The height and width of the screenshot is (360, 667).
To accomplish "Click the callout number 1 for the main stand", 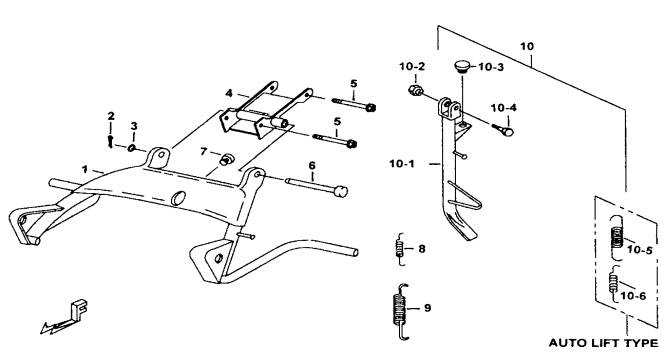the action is point(85,169).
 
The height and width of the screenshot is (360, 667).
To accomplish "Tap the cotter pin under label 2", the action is point(110,141).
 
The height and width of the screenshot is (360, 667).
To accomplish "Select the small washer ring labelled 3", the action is point(132,148).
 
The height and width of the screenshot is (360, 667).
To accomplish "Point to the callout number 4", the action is point(229,93).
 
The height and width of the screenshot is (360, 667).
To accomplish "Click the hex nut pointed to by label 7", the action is point(225,160).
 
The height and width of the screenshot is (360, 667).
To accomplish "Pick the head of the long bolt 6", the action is point(341,191).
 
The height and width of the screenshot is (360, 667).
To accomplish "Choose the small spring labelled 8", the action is point(399,249).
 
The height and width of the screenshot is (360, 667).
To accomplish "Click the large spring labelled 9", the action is point(399,311).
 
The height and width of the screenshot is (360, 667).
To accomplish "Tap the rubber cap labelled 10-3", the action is point(462,66).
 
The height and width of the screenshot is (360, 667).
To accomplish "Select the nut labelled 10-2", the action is point(415,91).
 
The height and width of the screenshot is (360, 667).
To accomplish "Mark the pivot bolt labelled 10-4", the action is point(503,130).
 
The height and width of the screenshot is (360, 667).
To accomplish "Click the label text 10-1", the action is point(402,163).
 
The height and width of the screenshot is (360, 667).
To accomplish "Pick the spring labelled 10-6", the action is point(613,283).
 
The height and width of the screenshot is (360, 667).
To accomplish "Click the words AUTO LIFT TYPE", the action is point(603,343).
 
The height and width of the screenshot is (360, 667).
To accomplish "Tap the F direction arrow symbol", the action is point(65,317).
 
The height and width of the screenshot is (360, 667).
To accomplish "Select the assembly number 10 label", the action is point(527,46).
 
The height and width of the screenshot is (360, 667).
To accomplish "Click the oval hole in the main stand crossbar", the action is point(178,198).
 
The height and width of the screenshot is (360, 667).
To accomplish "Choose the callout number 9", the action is point(428,308).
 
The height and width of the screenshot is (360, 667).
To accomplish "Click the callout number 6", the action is point(312,165).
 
